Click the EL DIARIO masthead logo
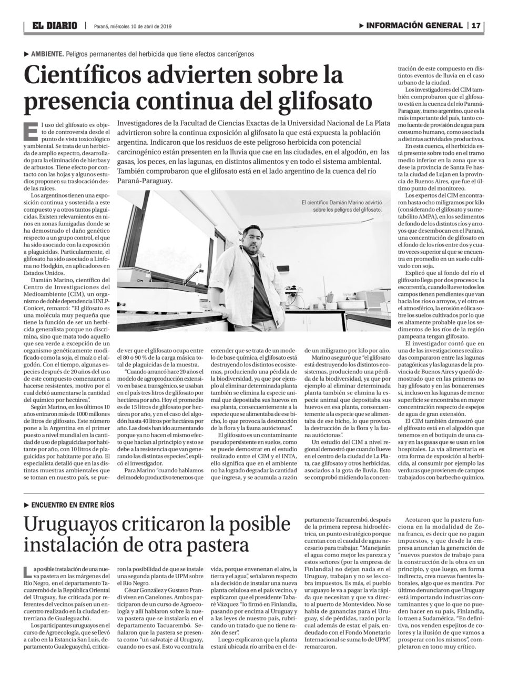[54, 26]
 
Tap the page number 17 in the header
[476, 26]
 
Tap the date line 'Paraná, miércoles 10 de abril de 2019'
[133, 26]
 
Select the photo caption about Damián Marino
[342, 205]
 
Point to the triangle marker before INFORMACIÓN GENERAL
[361, 26]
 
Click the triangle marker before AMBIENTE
[26, 54]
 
